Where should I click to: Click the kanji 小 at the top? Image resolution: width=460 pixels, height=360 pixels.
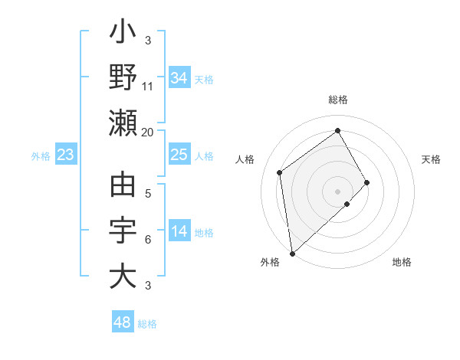tap(123, 34)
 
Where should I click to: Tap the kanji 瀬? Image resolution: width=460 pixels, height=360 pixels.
tap(123, 122)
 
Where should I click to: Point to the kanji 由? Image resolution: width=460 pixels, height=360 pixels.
tap(123, 188)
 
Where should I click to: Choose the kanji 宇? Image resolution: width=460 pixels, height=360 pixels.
tap(123, 231)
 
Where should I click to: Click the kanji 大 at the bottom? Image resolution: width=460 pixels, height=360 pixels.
tap(123, 276)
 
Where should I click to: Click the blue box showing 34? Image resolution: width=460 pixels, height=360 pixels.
tap(179, 78)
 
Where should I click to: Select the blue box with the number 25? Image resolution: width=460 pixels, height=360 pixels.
tap(179, 155)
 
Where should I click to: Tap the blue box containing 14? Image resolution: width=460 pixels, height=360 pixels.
tap(179, 232)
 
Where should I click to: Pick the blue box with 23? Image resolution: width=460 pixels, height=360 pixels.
tap(66, 155)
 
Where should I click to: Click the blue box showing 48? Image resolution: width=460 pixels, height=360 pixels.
tap(123, 322)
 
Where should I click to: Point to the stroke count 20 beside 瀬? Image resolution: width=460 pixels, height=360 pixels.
tap(147, 132)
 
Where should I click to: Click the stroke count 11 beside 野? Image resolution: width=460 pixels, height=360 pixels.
tap(148, 86)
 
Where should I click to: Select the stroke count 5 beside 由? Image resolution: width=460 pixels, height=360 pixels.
tap(148, 194)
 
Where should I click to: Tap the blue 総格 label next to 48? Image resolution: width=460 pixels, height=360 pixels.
tap(147, 324)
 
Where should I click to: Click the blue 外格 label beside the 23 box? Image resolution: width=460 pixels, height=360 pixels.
tap(41, 156)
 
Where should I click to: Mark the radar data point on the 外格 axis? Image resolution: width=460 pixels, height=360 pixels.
tap(292, 253)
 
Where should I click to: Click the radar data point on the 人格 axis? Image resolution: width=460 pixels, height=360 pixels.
tap(280, 172)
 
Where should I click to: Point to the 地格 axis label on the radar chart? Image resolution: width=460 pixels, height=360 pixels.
tap(402, 262)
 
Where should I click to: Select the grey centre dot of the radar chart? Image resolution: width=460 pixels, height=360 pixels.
tap(337, 190)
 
